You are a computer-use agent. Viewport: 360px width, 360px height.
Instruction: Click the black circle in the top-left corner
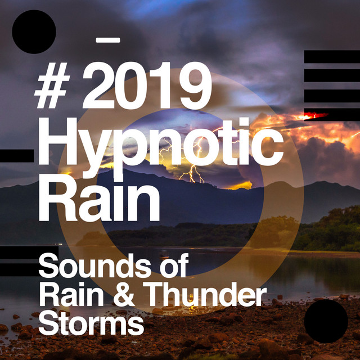34,31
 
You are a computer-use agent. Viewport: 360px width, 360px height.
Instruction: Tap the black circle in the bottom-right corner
326,321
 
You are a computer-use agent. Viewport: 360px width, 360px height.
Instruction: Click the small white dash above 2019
108,40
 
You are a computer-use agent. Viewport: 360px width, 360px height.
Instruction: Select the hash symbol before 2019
52,85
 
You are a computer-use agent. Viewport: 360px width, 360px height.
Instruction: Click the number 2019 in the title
147,85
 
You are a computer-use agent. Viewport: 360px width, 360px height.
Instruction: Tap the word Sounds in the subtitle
94,265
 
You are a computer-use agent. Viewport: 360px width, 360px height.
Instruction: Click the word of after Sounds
174,265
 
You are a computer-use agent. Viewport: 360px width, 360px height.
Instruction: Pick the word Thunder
205,294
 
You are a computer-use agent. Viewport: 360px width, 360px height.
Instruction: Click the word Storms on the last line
91,322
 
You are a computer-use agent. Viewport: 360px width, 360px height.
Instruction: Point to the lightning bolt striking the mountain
192,174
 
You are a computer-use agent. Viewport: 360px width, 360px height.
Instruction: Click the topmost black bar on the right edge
332,57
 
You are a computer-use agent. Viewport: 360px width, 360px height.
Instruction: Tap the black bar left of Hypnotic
17,156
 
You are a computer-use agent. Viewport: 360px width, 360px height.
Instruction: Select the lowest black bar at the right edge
332,115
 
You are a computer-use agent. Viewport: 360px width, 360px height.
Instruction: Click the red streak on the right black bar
316,115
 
